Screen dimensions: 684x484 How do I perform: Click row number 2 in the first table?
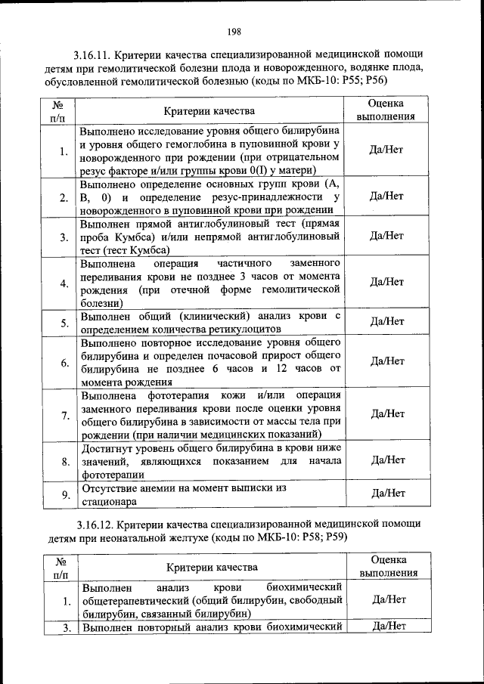[x=64, y=197]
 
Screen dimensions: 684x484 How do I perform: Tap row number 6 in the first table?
[x=64, y=363]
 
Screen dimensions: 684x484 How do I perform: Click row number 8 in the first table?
[x=64, y=461]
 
